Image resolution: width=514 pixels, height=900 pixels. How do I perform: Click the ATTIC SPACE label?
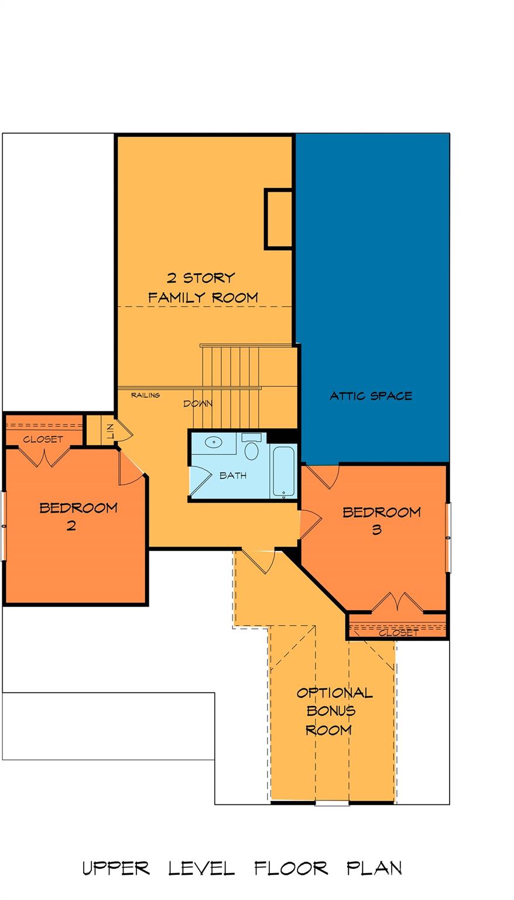point(371,396)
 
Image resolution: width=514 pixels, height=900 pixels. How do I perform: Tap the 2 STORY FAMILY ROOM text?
point(203,288)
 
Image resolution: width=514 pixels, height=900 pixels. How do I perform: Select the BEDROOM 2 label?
point(78,517)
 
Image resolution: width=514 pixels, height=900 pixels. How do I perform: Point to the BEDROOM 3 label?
point(382,521)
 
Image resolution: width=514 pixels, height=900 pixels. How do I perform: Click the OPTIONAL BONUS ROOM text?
point(334,711)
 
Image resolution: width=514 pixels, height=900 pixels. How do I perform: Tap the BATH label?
point(233,476)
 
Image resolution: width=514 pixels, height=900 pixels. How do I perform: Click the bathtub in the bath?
point(283,471)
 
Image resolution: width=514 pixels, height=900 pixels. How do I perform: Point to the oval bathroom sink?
point(214,442)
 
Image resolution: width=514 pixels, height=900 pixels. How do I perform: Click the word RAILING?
point(145,396)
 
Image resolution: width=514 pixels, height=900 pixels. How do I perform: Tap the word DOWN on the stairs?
point(198,404)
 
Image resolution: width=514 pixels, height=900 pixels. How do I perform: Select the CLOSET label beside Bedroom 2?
point(43,439)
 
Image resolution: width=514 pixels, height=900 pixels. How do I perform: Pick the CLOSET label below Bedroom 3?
point(399,633)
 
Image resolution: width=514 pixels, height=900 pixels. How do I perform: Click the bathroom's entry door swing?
point(201,480)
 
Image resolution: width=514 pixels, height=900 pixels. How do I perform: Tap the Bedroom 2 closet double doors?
point(44,457)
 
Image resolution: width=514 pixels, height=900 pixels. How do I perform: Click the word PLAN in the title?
point(374,868)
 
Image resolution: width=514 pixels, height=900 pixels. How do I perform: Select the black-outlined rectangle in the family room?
point(278,219)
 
